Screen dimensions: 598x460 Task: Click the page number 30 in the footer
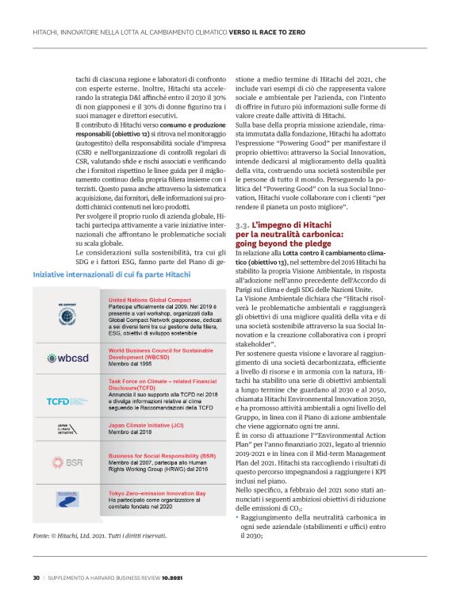click(x=36, y=577)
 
